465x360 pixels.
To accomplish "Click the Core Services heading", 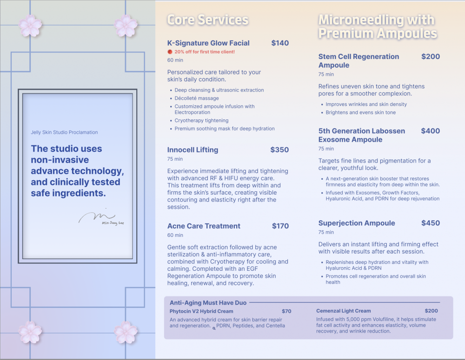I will (x=207, y=20).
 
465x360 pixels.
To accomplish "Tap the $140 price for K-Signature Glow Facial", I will (x=280, y=43).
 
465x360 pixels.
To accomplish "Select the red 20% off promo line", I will (x=204, y=52).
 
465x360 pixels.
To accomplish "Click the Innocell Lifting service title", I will (x=193, y=150).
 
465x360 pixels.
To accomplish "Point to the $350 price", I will (x=279, y=150).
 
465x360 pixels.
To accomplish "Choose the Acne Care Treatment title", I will (x=204, y=226).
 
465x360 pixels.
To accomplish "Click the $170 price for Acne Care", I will (x=280, y=226).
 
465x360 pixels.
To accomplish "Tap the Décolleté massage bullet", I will (x=197, y=98).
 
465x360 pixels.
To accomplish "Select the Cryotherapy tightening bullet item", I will (x=201, y=121).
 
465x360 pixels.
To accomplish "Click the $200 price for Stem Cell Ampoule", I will (x=431, y=57).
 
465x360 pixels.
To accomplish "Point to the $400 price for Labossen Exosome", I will (x=431, y=131).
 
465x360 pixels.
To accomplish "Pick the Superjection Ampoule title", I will (x=357, y=223).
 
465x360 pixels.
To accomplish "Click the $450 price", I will (x=431, y=223).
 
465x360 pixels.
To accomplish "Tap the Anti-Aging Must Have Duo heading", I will (x=208, y=303).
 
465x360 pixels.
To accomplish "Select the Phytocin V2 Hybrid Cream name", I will (x=201, y=311).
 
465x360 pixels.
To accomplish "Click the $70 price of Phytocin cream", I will (x=286, y=311).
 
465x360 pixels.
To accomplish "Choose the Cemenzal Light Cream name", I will (x=344, y=311).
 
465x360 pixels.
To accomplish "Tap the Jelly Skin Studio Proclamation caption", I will (x=64, y=132).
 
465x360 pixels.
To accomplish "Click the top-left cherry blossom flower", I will (x=30, y=26).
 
